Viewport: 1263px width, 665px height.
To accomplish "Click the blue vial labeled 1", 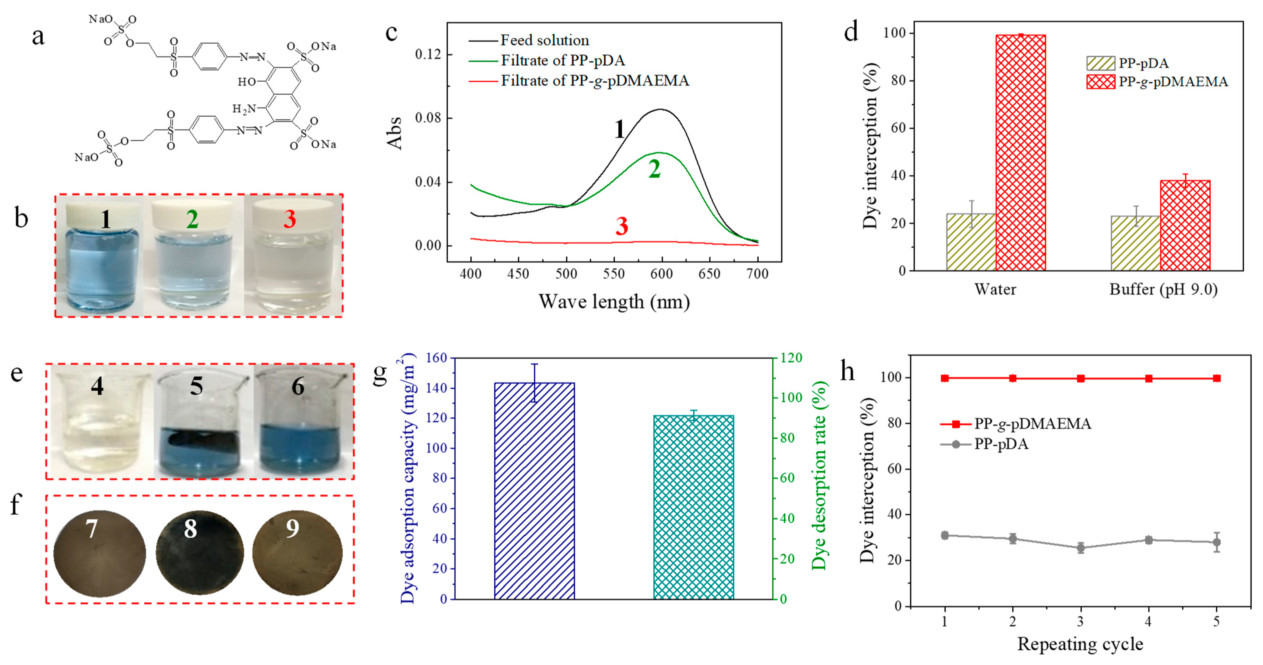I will (102, 260).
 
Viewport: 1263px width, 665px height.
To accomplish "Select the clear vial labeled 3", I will (293, 260).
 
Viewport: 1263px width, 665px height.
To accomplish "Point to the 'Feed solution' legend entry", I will (544, 40).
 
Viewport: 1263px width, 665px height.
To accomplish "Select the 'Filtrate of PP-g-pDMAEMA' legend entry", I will (594, 81).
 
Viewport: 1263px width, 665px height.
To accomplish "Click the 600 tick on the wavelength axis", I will (662, 274).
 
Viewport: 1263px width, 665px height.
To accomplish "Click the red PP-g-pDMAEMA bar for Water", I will (1021, 152).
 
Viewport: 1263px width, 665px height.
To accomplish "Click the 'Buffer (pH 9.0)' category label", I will (1163, 289).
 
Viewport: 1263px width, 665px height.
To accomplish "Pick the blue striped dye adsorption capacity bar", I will (534, 490).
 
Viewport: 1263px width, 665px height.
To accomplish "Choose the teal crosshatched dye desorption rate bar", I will (693, 507).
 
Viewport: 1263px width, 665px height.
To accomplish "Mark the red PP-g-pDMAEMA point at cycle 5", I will (1216, 378).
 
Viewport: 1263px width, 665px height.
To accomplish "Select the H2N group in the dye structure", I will (244, 108).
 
